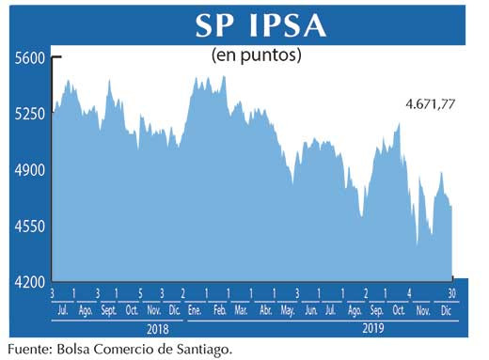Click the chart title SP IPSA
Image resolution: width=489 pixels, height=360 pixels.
click(260, 25)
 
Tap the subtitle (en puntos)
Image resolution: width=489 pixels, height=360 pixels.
click(257, 56)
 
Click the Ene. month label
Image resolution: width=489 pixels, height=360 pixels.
click(196, 309)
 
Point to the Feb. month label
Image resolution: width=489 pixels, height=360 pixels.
click(218, 309)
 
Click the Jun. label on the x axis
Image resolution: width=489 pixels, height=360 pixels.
click(309, 309)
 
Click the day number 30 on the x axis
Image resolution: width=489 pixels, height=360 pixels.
click(452, 293)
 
